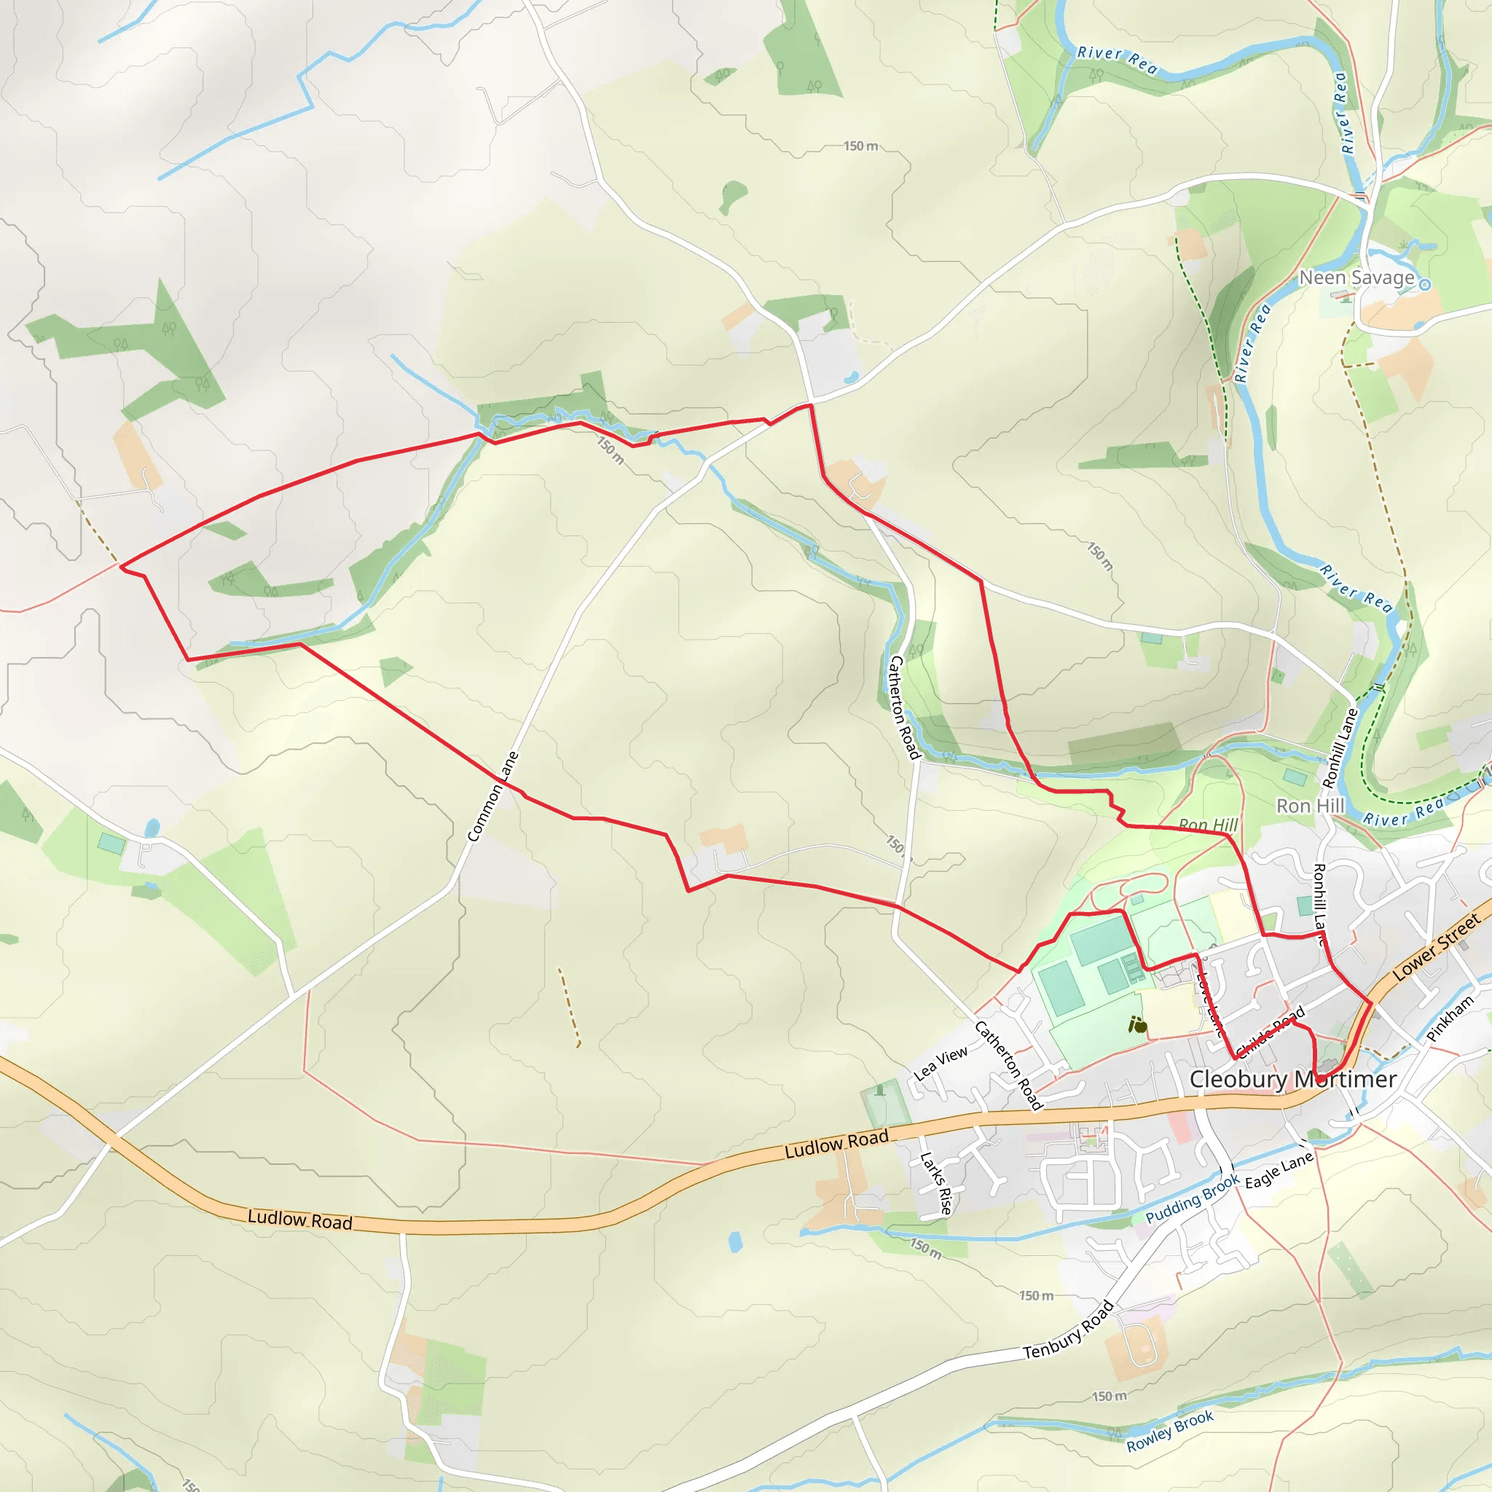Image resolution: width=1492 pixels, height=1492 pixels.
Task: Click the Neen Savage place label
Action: click(1356, 278)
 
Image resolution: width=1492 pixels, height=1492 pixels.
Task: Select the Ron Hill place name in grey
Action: click(1311, 806)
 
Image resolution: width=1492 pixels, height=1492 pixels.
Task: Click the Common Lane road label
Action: click(492, 796)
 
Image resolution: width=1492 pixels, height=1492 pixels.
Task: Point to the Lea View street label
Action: click(941, 1064)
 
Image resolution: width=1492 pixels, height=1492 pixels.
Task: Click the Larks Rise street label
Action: click(936, 1184)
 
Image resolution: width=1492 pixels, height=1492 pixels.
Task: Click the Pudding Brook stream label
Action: click(1193, 1198)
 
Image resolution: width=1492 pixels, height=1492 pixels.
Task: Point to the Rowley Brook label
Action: click(1170, 1431)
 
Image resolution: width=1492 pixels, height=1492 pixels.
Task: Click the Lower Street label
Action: click(1437, 947)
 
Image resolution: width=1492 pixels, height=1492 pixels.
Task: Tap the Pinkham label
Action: click(1450, 1018)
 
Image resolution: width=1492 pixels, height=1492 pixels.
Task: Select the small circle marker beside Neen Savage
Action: click(1426, 285)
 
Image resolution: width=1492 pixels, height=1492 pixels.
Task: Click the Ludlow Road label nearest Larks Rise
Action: click(836, 1144)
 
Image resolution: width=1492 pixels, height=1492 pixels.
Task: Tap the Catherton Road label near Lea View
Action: click(1008, 1066)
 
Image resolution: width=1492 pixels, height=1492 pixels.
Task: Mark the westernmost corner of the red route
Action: click(121, 567)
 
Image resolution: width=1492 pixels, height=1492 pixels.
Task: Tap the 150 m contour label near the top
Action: click(860, 146)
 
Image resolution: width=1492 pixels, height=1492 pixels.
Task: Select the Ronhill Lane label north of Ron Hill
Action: click(1340, 747)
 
